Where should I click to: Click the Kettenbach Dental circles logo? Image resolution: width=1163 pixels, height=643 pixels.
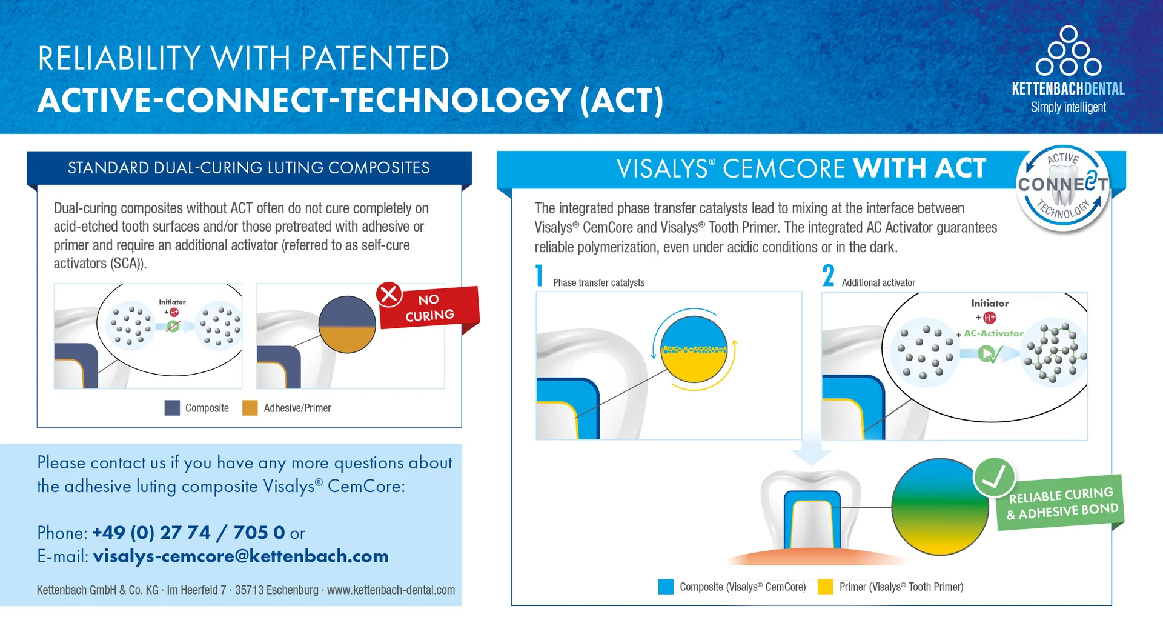(x=1069, y=51)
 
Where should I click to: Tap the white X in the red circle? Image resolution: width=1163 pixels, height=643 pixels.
(x=389, y=295)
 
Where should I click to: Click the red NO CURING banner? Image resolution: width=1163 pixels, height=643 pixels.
(x=429, y=307)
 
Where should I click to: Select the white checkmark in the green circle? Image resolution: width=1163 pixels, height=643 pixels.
(x=994, y=478)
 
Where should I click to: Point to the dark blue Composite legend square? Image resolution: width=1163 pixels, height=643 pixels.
(x=172, y=408)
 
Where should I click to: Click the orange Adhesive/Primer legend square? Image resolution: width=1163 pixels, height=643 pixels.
(x=250, y=408)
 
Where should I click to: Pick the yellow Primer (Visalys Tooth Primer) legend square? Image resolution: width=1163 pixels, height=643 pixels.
(x=825, y=587)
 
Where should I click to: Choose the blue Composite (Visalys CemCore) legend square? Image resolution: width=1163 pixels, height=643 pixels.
(x=666, y=587)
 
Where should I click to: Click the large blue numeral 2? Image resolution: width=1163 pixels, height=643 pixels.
(x=828, y=275)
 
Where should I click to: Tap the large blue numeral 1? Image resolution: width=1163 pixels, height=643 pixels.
(x=539, y=275)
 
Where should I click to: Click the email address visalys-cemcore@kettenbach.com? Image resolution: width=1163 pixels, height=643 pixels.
(x=241, y=556)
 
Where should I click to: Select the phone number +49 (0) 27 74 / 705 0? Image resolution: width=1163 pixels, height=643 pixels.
(x=189, y=533)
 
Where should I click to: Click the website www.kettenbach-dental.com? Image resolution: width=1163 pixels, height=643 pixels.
(x=391, y=590)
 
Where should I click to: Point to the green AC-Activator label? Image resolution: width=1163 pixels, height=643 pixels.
(x=993, y=333)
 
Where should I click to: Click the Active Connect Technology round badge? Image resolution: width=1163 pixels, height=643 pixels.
(x=1063, y=188)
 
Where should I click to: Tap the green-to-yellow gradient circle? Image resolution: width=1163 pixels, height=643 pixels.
(x=940, y=507)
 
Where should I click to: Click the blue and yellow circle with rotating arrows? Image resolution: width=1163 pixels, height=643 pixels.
(x=694, y=350)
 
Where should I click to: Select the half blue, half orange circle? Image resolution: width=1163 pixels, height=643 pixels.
(x=347, y=324)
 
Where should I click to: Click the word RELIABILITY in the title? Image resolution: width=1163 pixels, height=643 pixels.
(x=119, y=58)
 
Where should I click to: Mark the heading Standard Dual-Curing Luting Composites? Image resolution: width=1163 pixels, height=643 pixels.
(x=249, y=168)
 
